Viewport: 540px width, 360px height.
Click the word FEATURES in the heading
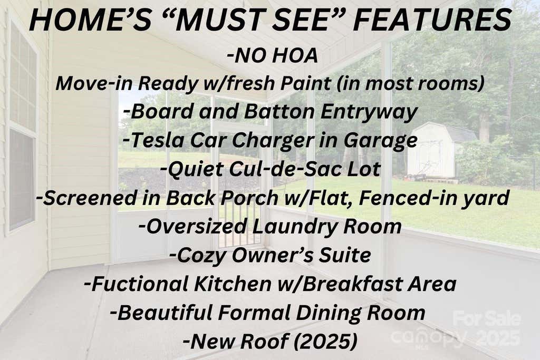pyautogui.click(x=432, y=20)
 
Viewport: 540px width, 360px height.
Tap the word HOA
pyautogui.click(x=295, y=56)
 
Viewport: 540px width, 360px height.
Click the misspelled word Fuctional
pyautogui.click(x=140, y=284)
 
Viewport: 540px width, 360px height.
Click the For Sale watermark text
pyautogui.click(x=487, y=318)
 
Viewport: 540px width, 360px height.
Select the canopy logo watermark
pyautogui.click(x=429, y=338)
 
